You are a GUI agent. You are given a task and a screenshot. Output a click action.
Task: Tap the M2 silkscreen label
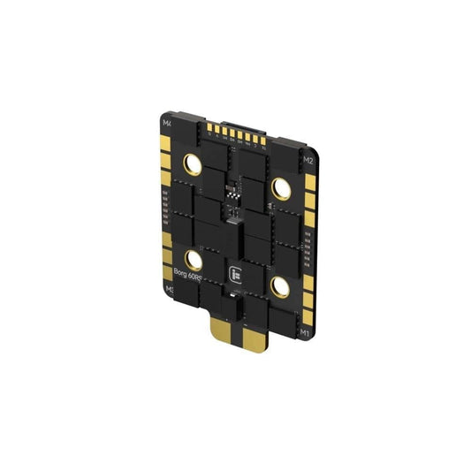(x=309, y=161)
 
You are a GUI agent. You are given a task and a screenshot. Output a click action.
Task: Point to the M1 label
(x=304, y=333)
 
